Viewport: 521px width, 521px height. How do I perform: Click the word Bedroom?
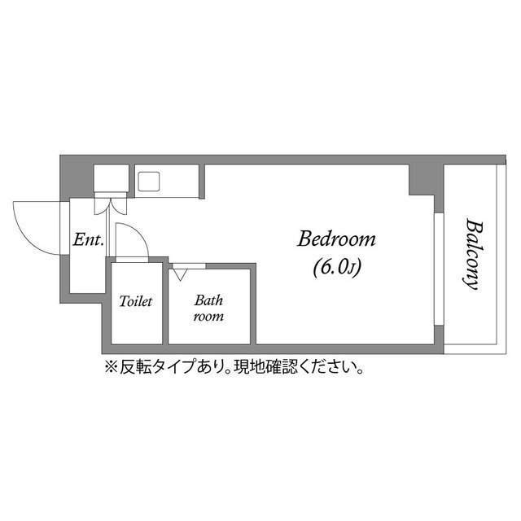pyautogui.click(x=336, y=239)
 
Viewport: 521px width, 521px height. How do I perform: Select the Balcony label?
pyautogui.click(x=471, y=254)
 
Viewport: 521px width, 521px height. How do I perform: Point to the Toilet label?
pyautogui.click(x=136, y=302)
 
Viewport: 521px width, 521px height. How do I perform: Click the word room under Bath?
pyautogui.click(x=208, y=316)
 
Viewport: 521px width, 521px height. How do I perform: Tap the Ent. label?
pyautogui.click(x=87, y=240)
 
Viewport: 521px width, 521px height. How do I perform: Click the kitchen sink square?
pyautogui.click(x=151, y=180)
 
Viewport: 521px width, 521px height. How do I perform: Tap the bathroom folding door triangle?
pyautogui.click(x=179, y=273)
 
